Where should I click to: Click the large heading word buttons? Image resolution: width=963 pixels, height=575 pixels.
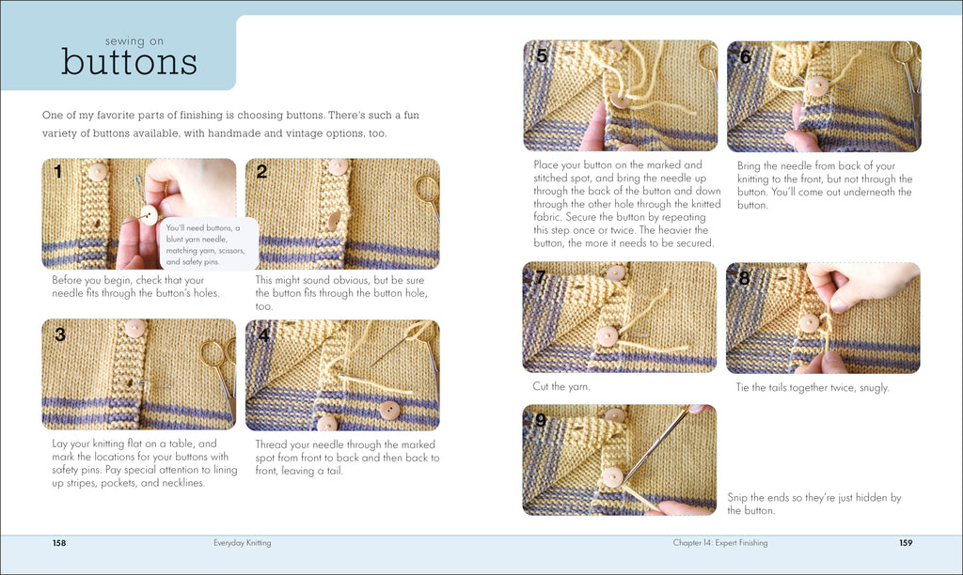(x=129, y=62)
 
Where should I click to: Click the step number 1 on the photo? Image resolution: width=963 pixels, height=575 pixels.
(x=57, y=172)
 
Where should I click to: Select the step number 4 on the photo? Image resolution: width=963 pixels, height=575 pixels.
(x=263, y=334)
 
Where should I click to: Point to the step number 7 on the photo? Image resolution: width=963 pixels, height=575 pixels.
(x=541, y=277)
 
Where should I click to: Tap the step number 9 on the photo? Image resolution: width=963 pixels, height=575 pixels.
(x=541, y=420)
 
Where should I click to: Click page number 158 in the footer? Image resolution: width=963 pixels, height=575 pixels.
(x=58, y=542)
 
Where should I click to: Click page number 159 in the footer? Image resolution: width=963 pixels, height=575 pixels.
(x=906, y=542)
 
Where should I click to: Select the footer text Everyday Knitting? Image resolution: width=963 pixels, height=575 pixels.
(x=243, y=542)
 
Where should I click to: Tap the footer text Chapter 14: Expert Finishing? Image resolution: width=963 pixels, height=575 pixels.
(x=719, y=542)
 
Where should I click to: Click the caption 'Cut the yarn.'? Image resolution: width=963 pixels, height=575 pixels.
(x=562, y=386)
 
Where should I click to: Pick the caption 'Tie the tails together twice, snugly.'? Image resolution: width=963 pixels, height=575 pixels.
(x=812, y=387)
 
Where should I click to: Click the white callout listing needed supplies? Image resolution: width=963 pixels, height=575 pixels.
(x=201, y=243)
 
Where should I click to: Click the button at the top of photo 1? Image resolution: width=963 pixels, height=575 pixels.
(x=97, y=172)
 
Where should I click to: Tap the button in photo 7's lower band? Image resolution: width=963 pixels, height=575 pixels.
(x=608, y=335)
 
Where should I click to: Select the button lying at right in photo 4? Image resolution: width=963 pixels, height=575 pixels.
(x=388, y=410)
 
